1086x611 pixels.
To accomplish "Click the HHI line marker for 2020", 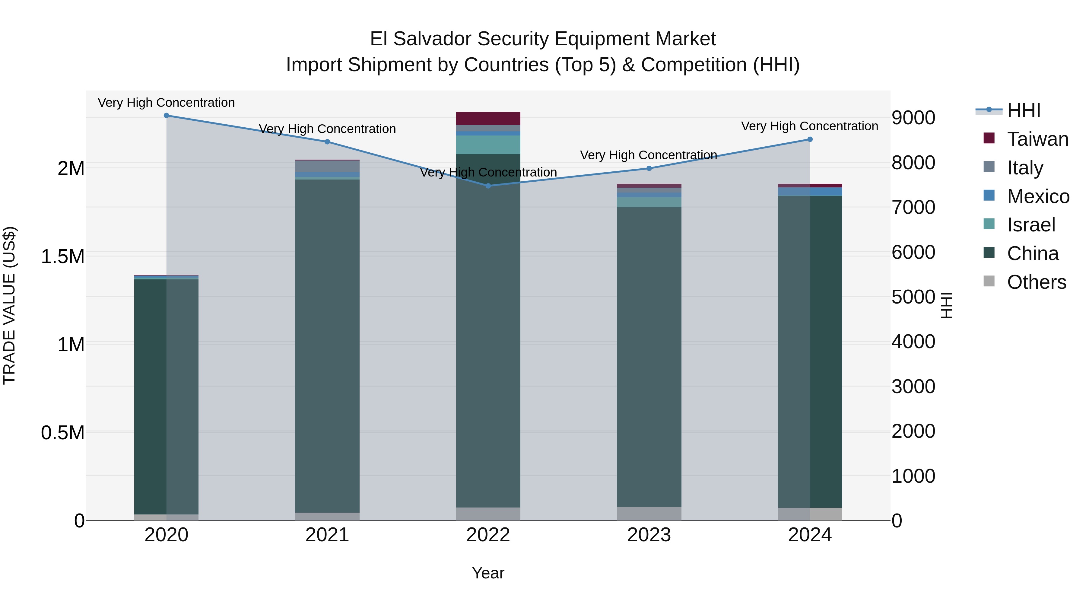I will coord(166,116).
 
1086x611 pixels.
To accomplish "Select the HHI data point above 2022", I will coord(488,186).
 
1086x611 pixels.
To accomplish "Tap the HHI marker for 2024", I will coord(810,140).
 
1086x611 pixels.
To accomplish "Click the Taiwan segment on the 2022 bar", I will coord(488,119).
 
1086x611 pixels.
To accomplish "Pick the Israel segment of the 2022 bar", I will coord(488,145).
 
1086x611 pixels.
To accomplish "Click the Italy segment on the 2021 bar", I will coord(327,166).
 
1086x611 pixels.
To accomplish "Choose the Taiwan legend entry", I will coord(1037,139).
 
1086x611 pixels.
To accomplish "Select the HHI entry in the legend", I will coord(1024,110).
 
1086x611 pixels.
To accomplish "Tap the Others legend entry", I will coord(1036,282).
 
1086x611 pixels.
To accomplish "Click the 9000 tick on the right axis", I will coord(913,118).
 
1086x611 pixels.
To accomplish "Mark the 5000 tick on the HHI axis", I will coord(913,297).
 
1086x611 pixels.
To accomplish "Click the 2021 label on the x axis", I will coord(327,535).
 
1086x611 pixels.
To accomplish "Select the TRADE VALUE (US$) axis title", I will coord(9,305).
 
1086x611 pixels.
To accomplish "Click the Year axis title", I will coord(488,573).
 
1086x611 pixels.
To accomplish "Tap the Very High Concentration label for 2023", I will coord(648,155).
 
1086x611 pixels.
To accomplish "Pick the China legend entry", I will coord(1033,254).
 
